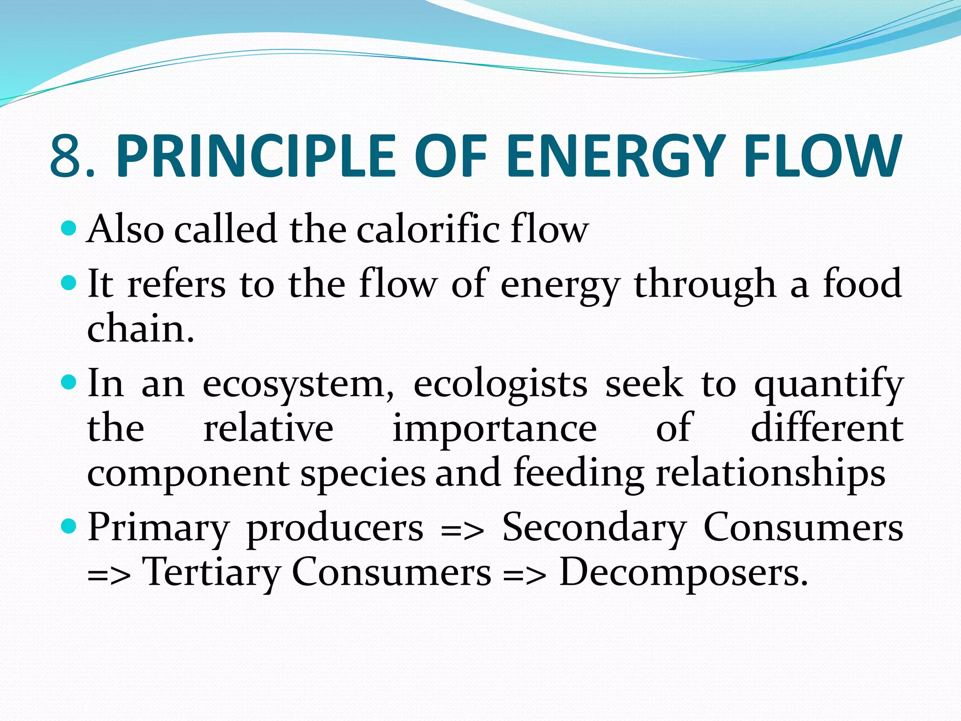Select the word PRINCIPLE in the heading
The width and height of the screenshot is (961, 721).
(256, 156)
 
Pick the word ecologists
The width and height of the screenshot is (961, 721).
(500, 384)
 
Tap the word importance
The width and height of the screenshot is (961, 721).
(495, 428)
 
